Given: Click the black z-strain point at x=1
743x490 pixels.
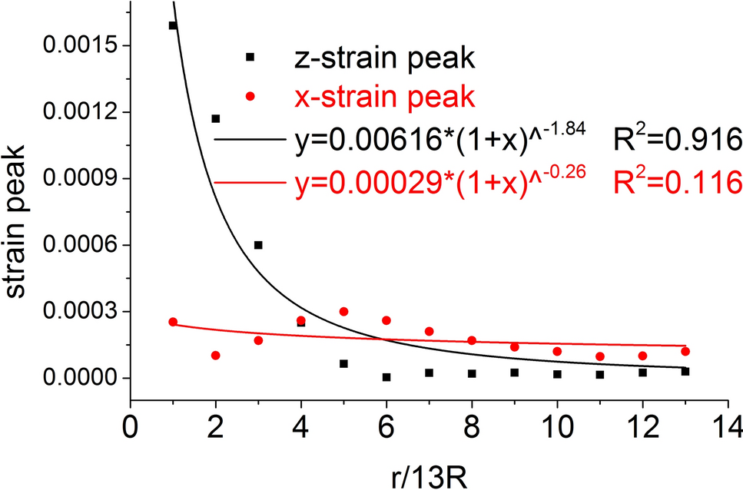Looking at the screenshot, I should point(173,25).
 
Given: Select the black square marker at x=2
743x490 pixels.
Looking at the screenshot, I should point(216,118).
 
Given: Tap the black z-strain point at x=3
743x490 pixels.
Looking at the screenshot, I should point(258,245).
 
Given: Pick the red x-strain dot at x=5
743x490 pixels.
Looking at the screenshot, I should point(343,311).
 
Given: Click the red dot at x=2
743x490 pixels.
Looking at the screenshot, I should point(216,355).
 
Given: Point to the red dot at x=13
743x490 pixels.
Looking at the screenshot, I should point(685,351).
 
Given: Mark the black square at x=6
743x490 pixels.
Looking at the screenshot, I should point(386,377).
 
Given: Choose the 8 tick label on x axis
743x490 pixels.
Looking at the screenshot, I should point(472,423).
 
